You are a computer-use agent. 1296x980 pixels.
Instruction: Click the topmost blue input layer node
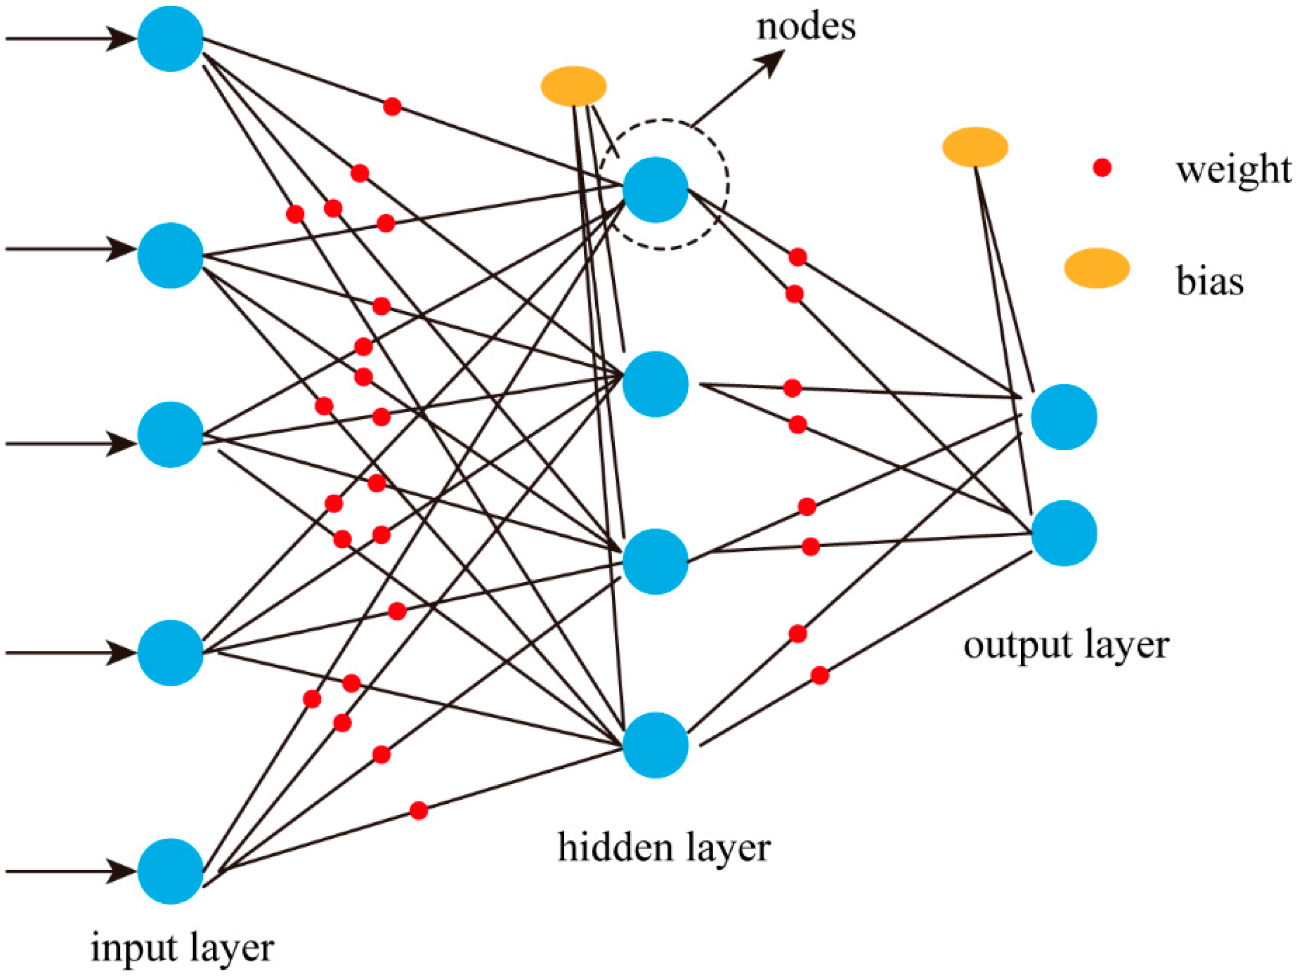click(170, 39)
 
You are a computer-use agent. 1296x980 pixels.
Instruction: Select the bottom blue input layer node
click(170, 871)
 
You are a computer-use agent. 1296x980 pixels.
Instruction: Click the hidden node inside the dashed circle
click(655, 189)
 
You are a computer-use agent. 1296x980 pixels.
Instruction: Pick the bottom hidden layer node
click(655, 745)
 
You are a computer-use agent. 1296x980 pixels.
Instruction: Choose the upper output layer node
click(1064, 416)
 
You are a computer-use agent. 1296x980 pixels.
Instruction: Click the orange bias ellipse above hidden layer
click(573, 86)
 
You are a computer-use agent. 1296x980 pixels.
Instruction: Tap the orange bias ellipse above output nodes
click(975, 147)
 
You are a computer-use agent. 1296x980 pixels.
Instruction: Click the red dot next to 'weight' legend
click(1102, 168)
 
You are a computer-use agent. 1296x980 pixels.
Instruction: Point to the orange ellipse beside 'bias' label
click(1097, 268)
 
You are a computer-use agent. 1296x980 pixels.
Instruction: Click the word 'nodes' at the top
click(805, 27)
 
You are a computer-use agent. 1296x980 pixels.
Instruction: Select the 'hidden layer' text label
click(663, 848)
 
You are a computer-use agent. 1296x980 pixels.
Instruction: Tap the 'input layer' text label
click(182, 949)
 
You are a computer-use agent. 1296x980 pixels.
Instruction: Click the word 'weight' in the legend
click(1233, 170)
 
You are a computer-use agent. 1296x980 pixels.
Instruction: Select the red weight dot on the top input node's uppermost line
click(392, 107)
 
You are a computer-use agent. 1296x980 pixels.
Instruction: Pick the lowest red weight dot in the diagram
click(418, 810)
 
